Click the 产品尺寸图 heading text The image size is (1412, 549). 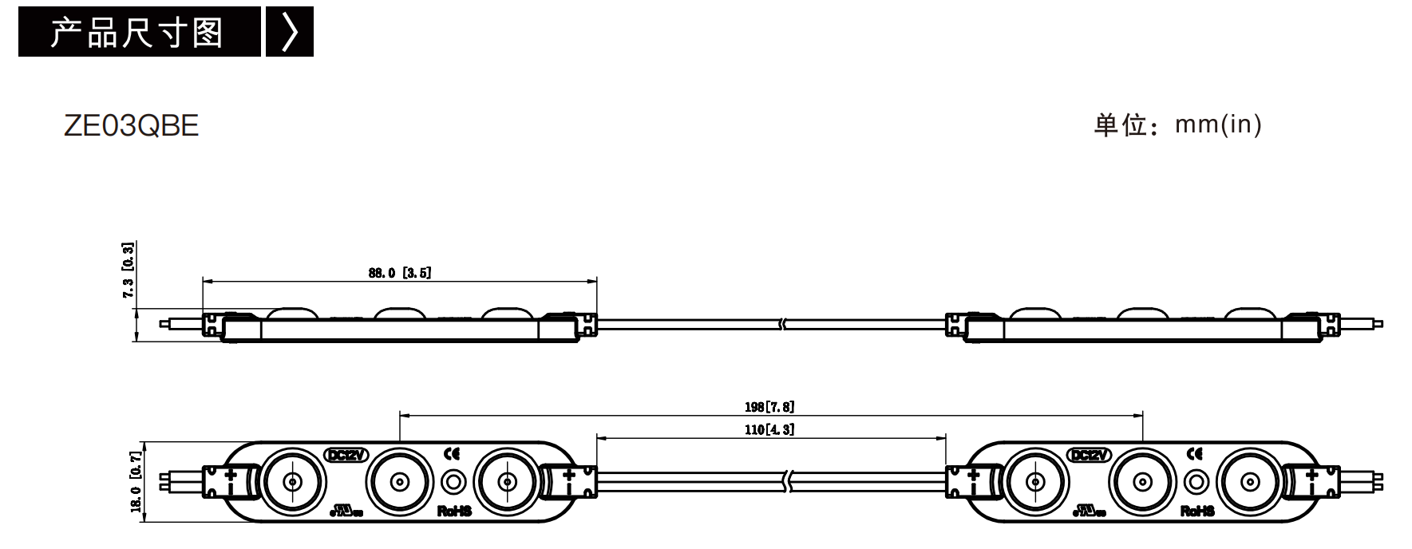136,33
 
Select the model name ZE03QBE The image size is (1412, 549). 131,126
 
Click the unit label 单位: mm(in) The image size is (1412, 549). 1177,124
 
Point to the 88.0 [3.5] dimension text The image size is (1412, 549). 400,273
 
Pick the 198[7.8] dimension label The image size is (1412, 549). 769,407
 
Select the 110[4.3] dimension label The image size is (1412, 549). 769,429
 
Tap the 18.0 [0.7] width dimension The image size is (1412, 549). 136,482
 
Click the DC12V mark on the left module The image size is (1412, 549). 346,455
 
